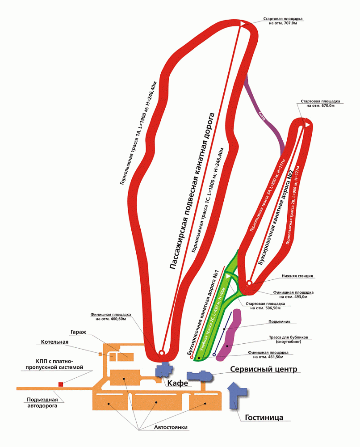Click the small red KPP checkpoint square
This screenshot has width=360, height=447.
[60, 384]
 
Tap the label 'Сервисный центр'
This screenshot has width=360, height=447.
[263, 369]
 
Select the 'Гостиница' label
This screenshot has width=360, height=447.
[264, 417]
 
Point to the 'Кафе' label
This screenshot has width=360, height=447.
[177, 383]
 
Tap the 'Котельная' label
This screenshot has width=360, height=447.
[54, 342]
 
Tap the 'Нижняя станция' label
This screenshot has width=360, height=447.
[297, 276]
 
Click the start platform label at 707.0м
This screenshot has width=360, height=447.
[283, 21]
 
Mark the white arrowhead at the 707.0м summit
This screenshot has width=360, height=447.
[243, 23]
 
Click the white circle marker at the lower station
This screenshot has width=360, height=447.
[249, 283]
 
